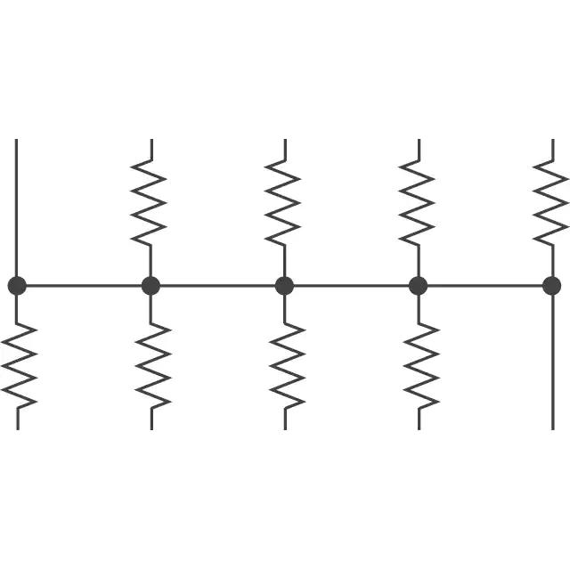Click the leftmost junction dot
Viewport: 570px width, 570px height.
[x=17, y=286]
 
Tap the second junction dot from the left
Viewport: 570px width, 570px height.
[x=151, y=286]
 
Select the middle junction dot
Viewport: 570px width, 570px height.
[x=284, y=286]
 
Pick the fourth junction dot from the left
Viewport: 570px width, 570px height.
[x=418, y=286]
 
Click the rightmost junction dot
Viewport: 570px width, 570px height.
[x=551, y=286]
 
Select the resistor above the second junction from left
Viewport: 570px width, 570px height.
[x=150, y=203]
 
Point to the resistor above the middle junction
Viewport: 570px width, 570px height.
[x=283, y=203]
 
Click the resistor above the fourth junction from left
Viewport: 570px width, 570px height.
[x=417, y=203]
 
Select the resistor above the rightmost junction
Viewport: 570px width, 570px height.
[x=550, y=203]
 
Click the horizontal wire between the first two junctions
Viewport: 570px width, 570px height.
[x=84, y=286]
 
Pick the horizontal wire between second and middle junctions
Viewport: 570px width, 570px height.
[x=217, y=286]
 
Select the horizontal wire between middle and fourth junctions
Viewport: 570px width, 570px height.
[x=351, y=286]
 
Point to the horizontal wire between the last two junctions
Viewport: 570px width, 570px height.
[x=484, y=286]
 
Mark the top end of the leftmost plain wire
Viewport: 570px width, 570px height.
[x=17, y=141]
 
